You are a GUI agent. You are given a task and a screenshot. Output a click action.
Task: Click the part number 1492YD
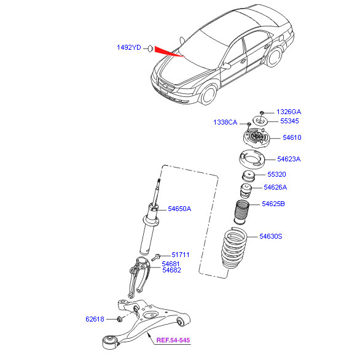click(129, 47)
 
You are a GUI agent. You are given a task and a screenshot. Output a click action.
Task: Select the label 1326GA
click(289, 112)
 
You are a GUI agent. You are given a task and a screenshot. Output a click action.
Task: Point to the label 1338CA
click(225, 122)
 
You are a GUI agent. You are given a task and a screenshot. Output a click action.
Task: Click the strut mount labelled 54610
click(256, 137)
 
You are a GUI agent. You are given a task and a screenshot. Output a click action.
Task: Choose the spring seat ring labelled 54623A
click(251, 160)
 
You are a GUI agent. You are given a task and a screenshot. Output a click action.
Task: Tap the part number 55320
click(276, 174)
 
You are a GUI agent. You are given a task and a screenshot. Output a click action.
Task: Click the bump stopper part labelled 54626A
click(246, 191)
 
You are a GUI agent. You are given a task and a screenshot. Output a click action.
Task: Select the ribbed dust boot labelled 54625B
click(241, 212)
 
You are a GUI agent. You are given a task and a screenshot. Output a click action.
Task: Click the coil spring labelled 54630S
click(234, 248)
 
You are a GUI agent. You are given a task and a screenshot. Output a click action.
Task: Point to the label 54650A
click(179, 209)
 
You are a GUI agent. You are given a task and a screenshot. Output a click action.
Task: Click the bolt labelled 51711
click(156, 257)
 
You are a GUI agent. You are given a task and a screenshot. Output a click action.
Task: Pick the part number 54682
click(171, 270)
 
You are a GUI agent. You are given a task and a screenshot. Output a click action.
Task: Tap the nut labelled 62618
click(120, 319)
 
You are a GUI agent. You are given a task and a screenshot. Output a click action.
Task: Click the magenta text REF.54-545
click(173, 340)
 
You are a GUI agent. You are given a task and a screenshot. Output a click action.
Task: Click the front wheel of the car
click(208, 94)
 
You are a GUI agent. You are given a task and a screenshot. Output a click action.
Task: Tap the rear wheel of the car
click(274, 57)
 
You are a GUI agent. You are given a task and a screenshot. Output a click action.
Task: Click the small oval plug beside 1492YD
click(151, 48)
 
